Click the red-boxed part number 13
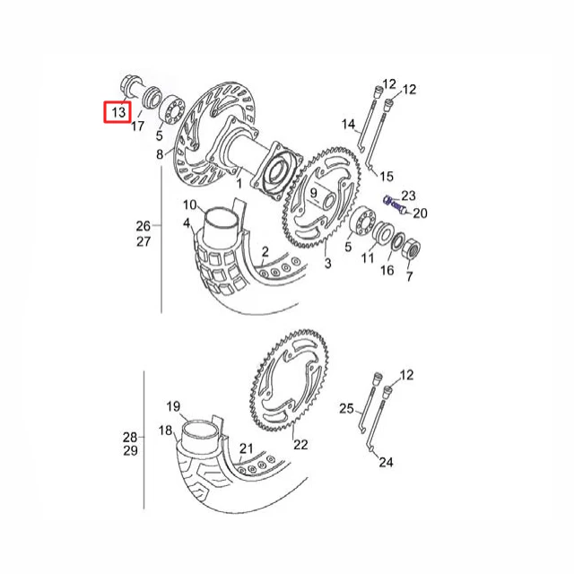tap(118, 112)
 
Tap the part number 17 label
tap(137, 126)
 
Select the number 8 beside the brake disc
tap(160, 154)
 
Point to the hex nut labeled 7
tap(411, 250)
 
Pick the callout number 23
tap(409, 196)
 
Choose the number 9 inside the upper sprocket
tap(313, 193)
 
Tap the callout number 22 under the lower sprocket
tap(301, 445)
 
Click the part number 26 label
tap(143, 226)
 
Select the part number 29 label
tap(130, 450)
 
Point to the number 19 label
tap(173, 406)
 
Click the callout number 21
tap(247, 448)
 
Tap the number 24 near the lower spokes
tap(386, 463)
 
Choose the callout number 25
tap(346, 408)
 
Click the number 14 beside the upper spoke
tap(348, 124)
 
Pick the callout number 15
tap(387, 177)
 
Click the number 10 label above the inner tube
tap(190, 204)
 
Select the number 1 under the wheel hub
tap(239, 183)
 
